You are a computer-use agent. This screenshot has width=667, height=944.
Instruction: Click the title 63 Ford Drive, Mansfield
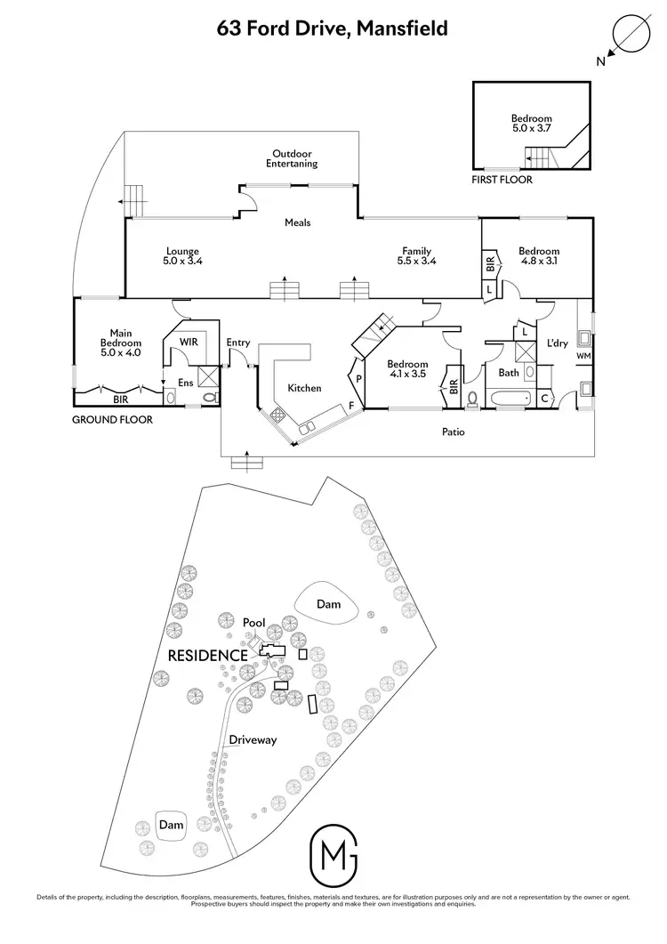pos(333,28)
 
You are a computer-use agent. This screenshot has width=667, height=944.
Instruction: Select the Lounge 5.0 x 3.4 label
pos(181,256)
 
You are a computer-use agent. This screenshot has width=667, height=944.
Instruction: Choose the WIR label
pos(189,341)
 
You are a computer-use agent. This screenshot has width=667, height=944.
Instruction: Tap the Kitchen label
pos(304,388)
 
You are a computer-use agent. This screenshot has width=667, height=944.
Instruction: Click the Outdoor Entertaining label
pos(292,158)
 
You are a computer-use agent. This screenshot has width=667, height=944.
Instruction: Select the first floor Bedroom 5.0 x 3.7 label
pos(531,124)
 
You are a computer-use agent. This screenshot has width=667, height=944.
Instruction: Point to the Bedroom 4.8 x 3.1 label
pos(539,256)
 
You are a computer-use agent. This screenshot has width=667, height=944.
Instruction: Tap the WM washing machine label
pos(583,357)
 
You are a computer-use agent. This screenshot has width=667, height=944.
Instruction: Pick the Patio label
pos(454,432)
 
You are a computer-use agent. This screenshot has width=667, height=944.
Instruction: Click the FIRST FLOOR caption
pos(502,180)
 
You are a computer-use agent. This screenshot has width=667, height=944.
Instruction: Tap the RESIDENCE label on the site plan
pos(207,655)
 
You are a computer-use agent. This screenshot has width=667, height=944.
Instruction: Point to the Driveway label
pos(253,739)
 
